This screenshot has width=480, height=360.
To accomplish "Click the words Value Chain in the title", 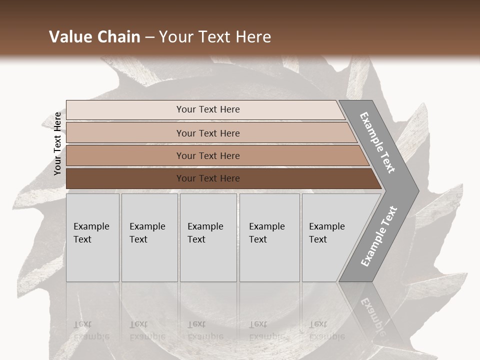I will point(94,37).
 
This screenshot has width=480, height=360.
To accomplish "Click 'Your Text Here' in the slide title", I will point(215,37).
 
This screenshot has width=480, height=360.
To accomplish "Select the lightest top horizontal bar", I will point(125,110).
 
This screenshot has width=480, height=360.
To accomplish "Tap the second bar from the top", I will point(125,133).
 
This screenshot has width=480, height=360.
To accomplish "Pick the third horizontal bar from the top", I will point(125,155).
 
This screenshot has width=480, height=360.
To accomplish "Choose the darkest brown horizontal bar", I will point(125,178).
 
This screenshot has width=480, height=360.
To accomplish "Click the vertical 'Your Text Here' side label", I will point(57,143).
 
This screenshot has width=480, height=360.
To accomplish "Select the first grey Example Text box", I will point(92,237).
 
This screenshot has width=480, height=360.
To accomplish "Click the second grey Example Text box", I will point(149,237).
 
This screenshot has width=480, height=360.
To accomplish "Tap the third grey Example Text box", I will point(208,237).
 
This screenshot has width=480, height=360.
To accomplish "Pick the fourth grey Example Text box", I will point(269,237).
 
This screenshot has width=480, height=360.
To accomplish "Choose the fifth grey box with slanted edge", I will point(330,237).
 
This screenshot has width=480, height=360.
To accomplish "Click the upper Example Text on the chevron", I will point(378,142).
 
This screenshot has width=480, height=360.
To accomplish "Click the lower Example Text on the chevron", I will point(378,236).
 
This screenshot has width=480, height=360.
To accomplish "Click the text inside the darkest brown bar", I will point(208,178).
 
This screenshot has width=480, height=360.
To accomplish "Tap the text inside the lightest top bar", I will point(208,109).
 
